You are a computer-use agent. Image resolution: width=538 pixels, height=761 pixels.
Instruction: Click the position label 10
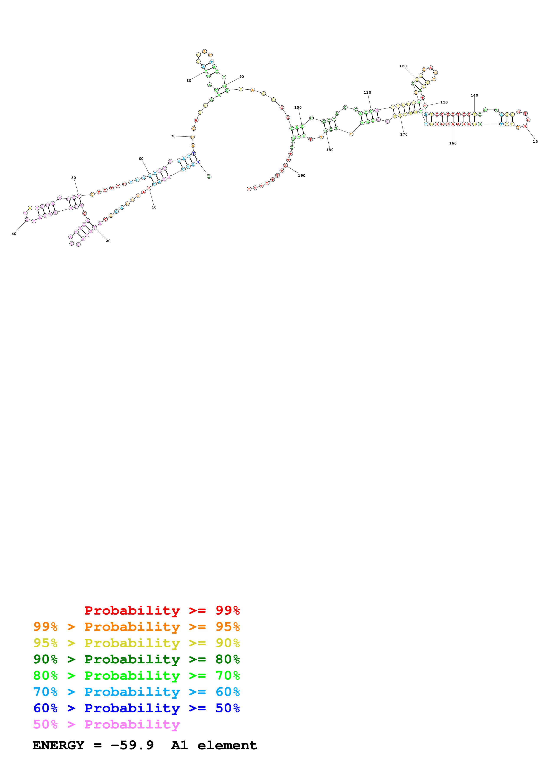[154, 207]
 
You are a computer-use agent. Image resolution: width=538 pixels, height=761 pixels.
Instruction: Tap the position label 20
[108, 241]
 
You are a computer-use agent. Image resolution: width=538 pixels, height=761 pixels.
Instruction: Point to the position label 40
[14, 234]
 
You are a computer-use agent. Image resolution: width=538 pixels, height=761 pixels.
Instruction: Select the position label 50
[74, 178]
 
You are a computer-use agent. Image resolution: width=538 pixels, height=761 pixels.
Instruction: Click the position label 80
[189, 80]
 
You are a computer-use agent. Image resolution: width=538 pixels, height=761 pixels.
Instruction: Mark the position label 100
[298, 107]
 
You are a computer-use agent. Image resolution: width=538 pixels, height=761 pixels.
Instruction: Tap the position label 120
[403, 66]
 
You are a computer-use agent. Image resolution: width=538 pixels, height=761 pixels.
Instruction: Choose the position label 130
[444, 102]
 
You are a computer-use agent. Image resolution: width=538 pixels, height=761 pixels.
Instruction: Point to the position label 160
[453, 143]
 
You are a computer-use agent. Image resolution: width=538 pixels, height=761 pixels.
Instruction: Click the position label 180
[330, 150]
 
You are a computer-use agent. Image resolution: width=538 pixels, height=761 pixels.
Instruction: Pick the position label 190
[302, 176]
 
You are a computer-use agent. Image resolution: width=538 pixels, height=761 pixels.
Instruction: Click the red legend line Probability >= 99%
[162, 610]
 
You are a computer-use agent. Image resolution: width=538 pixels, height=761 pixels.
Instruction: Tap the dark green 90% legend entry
[136, 659]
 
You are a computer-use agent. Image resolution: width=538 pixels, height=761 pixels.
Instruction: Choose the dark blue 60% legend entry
[136, 708]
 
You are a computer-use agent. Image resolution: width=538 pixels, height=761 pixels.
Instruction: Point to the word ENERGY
[58, 745]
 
